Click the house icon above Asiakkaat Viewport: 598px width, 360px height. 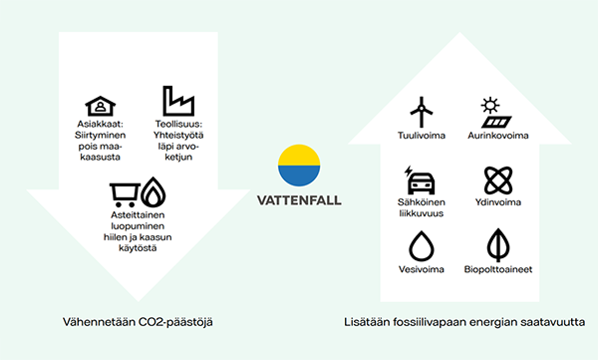(x=97, y=106)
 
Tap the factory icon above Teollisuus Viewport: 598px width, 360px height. (x=179, y=101)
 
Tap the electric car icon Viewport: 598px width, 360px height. (x=421, y=182)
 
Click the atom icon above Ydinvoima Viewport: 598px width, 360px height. (x=494, y=182)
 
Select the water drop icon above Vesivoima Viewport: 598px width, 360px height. (x=422, y=247)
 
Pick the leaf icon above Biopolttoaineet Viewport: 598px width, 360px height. (x=495, y=247)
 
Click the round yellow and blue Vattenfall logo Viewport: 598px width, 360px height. (x=299, y=166)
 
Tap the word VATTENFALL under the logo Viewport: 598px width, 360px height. (x=299, y=199)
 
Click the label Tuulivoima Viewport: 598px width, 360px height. (x=422, y=135)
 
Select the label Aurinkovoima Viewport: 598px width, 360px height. (x=497, y=135)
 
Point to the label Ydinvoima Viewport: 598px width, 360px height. (x=496, y=205)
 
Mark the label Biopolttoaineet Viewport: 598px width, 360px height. (x=496, y=269)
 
